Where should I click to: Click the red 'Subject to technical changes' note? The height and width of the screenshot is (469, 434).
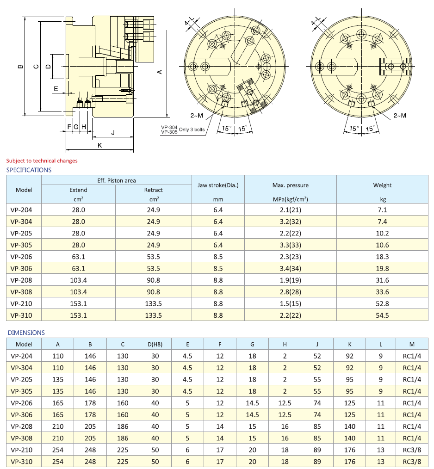(x=42, y=161)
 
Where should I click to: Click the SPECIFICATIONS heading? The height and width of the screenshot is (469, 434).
(x=29, y=170)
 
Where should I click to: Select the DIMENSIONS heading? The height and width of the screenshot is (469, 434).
(x=26, y=333)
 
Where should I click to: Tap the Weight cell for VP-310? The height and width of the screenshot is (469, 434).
(x=382, y=315)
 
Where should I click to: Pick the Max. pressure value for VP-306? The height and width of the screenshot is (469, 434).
(x=290, y=268)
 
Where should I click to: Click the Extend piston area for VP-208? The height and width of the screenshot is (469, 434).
(x=78, y=280)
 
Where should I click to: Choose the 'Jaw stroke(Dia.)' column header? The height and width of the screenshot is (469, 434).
(x=218, y=185)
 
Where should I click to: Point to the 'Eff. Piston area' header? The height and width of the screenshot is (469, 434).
(x=117, y=180)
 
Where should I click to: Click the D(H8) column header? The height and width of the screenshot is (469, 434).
(x=155, y=344)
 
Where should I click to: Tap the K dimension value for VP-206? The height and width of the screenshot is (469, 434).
(x=349, y=403)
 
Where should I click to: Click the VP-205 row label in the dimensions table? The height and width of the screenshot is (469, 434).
(x=21, y=379)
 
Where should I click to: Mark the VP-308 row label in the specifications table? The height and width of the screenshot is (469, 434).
(x=21, y=292)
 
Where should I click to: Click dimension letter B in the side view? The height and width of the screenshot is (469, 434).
(x=20, y=67)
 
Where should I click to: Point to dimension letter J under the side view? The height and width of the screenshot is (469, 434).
(x=113, y=133)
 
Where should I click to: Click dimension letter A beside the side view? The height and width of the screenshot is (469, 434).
(x=160, y=72)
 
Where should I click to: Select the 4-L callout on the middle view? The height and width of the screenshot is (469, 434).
(x=189, y=22)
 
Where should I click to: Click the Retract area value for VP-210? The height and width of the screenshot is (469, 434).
(x=153, y=304)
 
